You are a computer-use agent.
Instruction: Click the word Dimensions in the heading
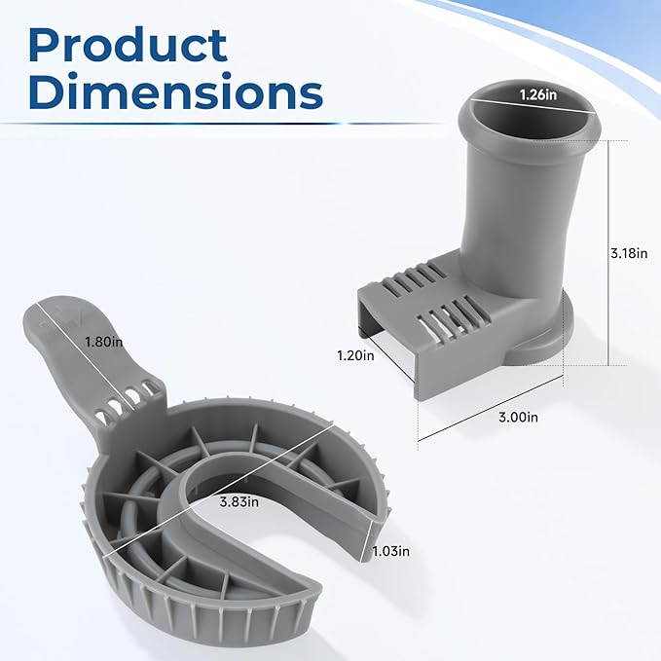(x=176, y=91)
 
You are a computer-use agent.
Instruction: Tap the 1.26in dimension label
(x=538, y=94)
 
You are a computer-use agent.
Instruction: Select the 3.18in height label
(x=629, y=253)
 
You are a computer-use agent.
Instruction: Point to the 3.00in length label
(x=518, y=417)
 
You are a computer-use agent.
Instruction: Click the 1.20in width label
(x=355, y=355)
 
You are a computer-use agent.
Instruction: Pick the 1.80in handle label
(x=104, y=342)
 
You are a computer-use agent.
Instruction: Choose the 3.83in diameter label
(x=239, y=502)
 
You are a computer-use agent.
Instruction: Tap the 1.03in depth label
(x=390, y=551)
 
